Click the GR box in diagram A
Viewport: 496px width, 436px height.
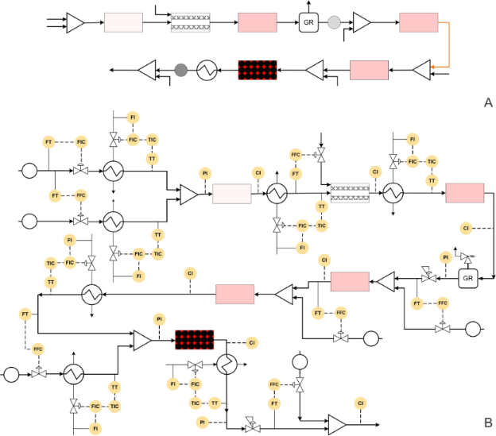click(308, 22)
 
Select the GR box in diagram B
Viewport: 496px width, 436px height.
click(468, 279)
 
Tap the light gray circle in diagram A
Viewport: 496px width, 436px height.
click(334, 22)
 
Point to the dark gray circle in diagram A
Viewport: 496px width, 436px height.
click(180, 71)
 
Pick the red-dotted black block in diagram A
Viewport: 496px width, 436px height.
click(258, 71)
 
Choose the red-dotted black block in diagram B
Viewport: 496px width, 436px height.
click(195, 340)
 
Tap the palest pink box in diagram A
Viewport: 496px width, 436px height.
click(123, 22)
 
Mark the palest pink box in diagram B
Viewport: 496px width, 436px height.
click(231, 194)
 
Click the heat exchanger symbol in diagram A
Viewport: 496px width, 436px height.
click(207, 71)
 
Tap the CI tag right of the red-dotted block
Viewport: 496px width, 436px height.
click(252, 342)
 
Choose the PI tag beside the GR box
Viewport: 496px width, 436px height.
click(446, 257)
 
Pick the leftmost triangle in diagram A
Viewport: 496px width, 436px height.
click(76, 22)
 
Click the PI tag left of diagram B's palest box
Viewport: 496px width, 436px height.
click(205, 173)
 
